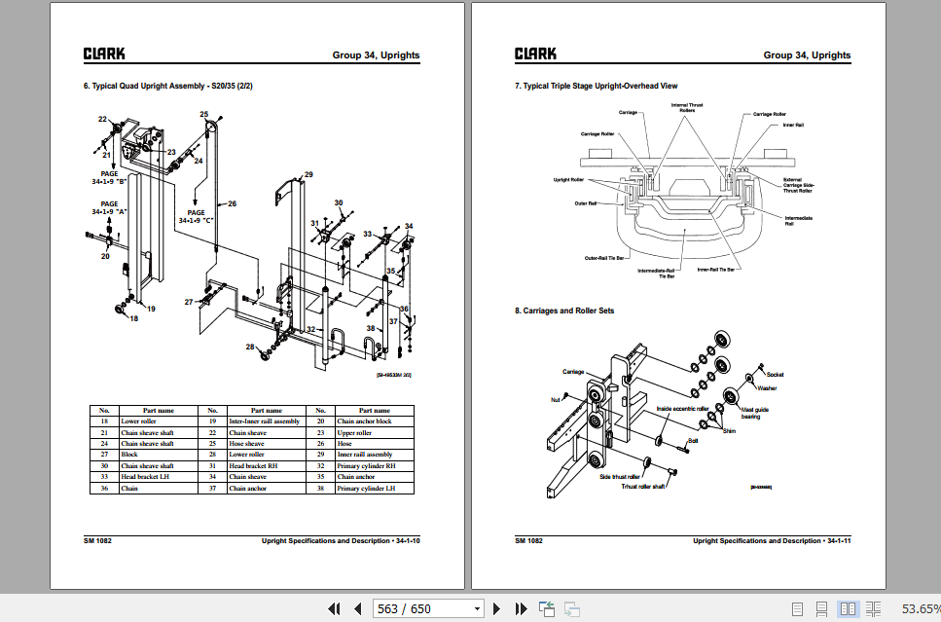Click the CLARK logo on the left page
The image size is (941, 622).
[103, 55]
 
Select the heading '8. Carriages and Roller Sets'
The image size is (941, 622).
[564, 311]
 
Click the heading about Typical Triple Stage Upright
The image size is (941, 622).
[596, 86]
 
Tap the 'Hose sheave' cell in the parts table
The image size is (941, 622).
[247, 443]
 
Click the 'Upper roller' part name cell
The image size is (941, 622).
[354, 432]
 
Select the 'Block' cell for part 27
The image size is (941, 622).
[129, 455]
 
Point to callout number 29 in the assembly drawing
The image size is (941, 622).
[308, 175]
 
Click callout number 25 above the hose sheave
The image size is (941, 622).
[204, 115]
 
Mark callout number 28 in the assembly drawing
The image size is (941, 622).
[249, 347]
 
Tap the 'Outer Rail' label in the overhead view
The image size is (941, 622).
[586, 203]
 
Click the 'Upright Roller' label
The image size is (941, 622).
[568, 180]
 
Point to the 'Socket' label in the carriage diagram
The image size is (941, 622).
[775, 374]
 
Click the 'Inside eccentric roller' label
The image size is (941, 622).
[683, 409]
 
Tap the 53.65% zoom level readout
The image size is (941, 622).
[920, 608]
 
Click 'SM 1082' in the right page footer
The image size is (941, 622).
[528, 540]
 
